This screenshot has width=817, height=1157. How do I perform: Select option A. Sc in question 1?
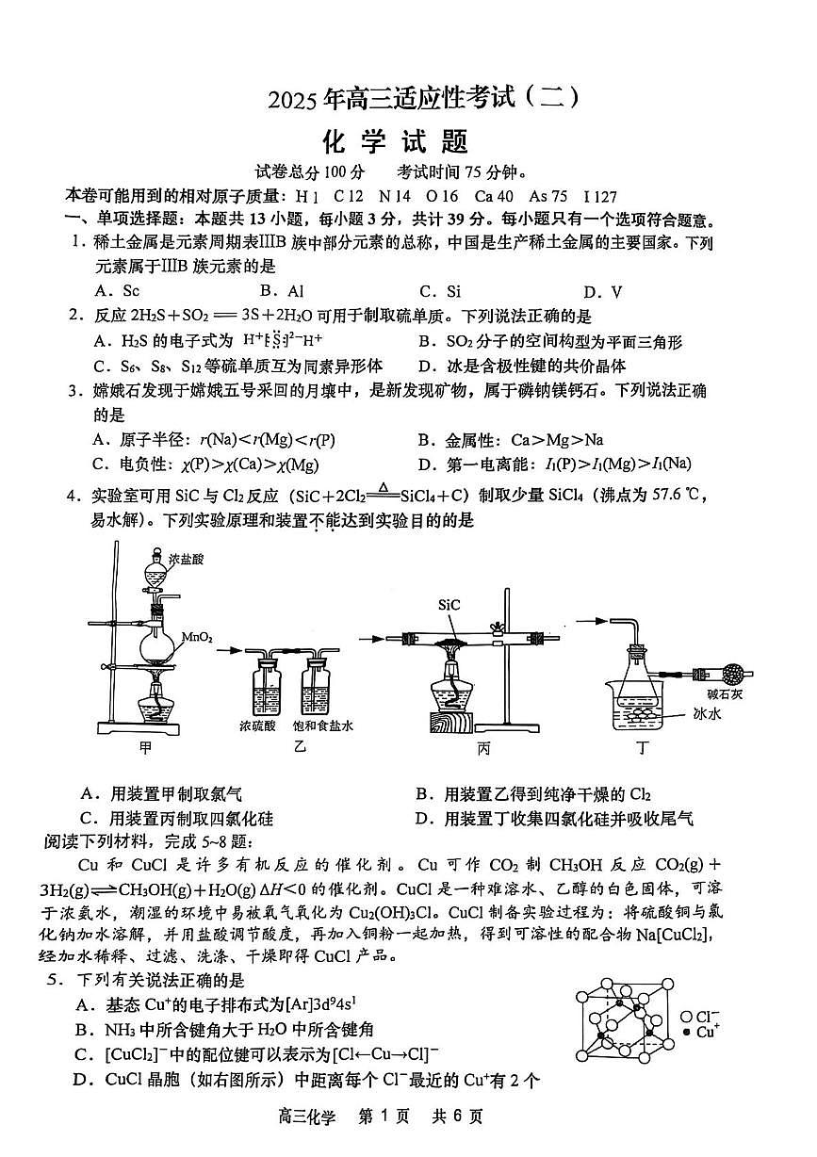[x=117, y=291]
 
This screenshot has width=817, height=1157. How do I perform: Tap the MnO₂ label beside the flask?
[x=197, y=638]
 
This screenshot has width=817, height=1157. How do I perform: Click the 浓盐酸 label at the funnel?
[x=187, y=559]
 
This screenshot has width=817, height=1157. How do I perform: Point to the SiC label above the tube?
[x=449, y=606]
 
